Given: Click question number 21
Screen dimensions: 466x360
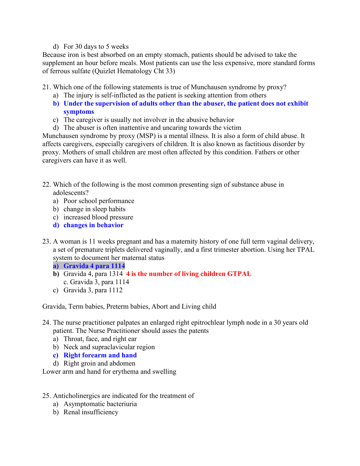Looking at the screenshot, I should coord(47,87).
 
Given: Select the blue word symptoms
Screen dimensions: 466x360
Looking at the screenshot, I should coord(79,112).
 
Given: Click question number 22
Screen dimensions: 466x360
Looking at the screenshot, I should coord(47,185).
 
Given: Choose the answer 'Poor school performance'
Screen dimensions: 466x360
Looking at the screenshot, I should coord(99,201).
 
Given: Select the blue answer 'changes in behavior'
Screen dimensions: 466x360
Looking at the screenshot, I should coord(93,225).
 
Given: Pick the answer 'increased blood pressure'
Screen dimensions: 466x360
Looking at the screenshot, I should coord(98,217).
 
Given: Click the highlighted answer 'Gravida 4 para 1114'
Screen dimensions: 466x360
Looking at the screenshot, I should coord(94,266).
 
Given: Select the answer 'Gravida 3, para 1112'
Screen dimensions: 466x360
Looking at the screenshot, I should coord(93,290).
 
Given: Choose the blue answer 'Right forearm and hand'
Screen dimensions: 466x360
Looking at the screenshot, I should coord(100,355).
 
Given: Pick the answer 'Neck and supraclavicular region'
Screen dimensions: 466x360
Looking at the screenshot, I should coord(109,347).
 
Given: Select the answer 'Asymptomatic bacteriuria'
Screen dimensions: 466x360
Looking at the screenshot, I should coord(100,404).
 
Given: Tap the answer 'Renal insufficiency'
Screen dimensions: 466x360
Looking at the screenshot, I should coord(91,412).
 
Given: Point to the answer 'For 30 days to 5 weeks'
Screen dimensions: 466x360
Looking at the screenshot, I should coord(96,47).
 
